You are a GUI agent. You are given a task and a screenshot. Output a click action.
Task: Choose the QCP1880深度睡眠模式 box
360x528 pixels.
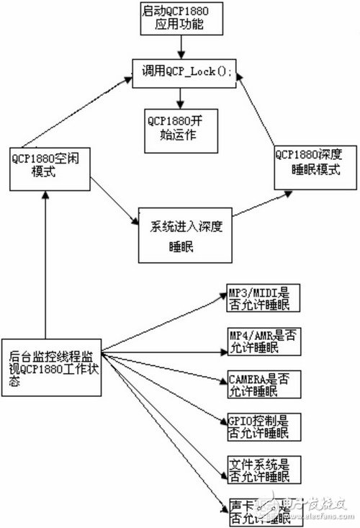click(x=307, y=166)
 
